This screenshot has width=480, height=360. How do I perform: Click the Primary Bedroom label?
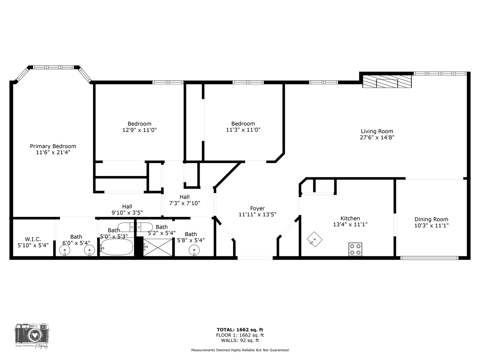(x=53, y=146)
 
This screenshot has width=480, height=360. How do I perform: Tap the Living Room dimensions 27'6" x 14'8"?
(x=377, y=137)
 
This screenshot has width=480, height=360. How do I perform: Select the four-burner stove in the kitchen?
(x=355, y=249)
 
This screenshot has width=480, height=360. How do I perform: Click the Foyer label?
(x=257, y=209)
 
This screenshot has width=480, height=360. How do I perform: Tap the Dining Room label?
(x=431, y=219)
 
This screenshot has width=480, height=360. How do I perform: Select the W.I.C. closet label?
(x=33, y=239)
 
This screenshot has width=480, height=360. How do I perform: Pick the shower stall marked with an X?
(x=158, y=247)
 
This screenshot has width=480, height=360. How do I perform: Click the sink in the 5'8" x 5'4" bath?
(x=194, y=249)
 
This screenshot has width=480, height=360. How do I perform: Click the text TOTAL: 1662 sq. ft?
(x=240, y=330)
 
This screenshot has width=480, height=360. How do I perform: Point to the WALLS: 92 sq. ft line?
(x=240, y=340)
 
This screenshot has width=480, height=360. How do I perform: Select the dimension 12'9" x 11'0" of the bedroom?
(x=139, y=130)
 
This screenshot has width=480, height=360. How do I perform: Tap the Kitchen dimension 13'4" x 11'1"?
(x=350, y=225)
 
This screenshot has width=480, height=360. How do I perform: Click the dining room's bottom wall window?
(x=429, y=258)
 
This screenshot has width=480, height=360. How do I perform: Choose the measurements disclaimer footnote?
(x=240, y=350)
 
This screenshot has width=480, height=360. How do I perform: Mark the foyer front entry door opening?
(x=255, y=258)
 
